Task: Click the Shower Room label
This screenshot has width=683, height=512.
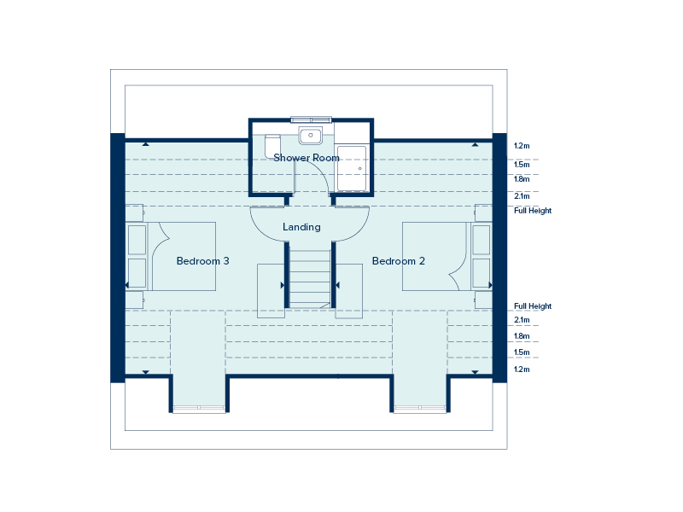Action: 306,158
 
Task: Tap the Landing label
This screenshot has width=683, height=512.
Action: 301,227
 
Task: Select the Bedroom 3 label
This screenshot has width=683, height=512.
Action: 202,261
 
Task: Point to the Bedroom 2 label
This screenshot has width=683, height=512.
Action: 398,261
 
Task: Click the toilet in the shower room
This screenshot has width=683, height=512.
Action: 272,147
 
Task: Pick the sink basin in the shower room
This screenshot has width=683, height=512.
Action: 310,136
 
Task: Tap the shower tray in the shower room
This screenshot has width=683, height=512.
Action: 352,168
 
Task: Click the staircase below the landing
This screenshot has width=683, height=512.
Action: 310,279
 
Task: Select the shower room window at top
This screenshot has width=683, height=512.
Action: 311,119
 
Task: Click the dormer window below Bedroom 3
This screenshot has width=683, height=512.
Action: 199,409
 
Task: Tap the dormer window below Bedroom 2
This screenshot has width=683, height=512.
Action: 420,409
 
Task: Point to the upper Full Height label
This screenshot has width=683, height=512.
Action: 532,211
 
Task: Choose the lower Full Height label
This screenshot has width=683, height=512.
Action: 532,306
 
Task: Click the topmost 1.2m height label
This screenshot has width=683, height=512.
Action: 522,146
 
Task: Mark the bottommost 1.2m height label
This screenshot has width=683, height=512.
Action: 522,369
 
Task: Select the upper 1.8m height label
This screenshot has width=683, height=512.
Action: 522,179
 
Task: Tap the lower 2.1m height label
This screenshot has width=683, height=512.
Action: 522,320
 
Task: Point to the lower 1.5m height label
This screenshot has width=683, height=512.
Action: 522,352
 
